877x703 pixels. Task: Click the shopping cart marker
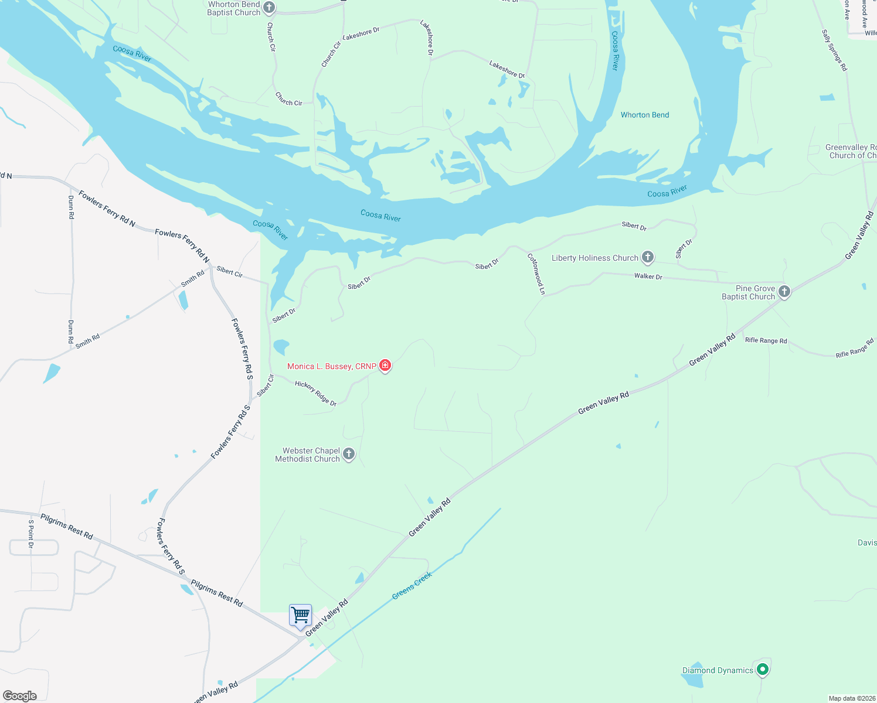(x=300, y=616)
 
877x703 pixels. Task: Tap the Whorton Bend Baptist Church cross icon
(x=269, y=8)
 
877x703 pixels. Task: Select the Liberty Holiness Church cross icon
(x=647, y=257)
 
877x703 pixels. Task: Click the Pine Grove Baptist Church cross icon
(x=784, y=291)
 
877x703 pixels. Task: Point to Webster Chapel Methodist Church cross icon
(x=348, y=454)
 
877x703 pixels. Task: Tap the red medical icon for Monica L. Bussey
(x=385, y=366)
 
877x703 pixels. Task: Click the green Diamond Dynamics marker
(x=762, y=669)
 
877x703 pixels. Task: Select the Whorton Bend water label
(x=645, y=115)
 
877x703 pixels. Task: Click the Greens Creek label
(x=412, y=585)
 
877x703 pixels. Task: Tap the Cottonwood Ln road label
(x=536, y=274)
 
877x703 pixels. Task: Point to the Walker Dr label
(x=648, y=276)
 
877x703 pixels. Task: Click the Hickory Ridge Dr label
(x=315, y=393)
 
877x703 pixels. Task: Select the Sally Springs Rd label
(x=834, y=50)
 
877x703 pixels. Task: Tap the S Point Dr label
(x=31, y=534)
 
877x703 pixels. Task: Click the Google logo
(x=20, y=695)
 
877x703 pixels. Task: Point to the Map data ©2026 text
(x=851, y=698)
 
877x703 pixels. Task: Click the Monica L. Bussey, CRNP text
(x=331, y=366)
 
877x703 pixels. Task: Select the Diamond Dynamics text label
(x=717, y=670)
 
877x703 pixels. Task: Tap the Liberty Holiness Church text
(x=594, y=258)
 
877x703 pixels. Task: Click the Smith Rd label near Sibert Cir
(x=192, y=278)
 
